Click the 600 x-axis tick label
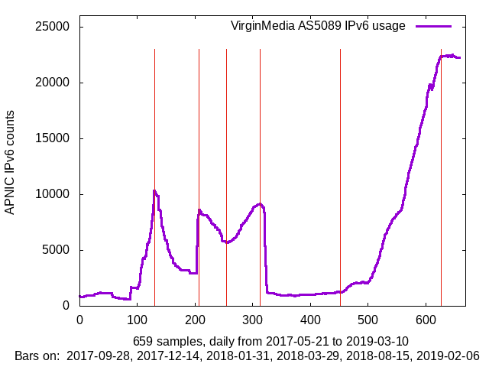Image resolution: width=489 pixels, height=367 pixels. tap(426, 320)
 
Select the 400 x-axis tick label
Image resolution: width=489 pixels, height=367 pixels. tap(311, 320)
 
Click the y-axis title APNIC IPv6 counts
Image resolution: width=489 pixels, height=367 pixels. tap(10, 162)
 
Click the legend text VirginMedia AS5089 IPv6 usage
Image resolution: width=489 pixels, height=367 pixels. tap(318, 26)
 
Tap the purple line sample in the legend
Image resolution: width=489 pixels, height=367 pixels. tap(433, 26)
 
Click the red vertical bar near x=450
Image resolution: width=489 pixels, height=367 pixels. tap(340, 153)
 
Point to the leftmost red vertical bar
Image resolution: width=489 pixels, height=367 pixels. tap(154, 153)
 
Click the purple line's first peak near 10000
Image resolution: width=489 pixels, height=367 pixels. tap(154, 191)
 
